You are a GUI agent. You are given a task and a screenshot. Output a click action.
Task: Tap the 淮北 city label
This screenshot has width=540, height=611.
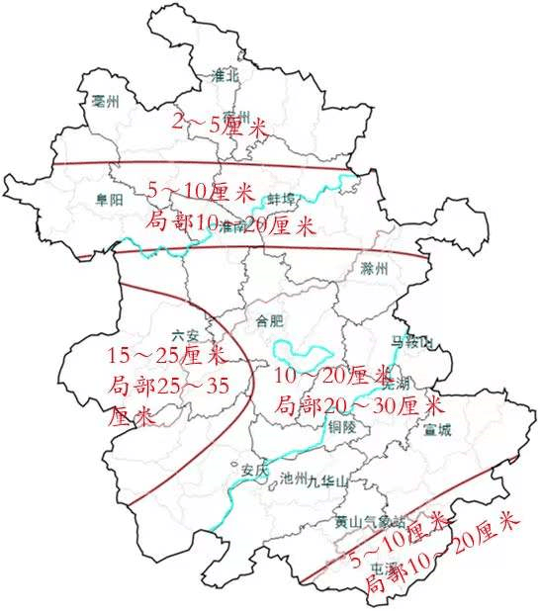[x=226, y=75]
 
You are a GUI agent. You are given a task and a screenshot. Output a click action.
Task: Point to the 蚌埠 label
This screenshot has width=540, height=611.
[x=282, y=199]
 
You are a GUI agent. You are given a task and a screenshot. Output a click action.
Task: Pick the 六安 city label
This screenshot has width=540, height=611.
[x=185, y=337]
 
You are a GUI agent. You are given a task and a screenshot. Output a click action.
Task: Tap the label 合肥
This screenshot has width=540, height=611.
[x=270, y=320]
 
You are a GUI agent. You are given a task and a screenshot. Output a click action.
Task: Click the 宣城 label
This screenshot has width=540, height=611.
[x=436, y=430]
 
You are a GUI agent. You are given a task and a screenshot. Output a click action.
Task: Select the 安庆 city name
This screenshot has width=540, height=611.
[x=254, y=471]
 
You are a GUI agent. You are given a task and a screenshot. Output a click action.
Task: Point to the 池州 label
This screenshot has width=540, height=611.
[x=295, y=479]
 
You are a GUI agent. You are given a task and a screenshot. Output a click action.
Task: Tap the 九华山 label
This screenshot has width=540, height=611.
[x=327, y=481]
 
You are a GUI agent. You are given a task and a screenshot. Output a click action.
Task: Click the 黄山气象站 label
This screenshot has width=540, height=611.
[x=369, y=521]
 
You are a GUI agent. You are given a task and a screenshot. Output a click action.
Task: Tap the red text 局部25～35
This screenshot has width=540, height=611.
[x=168, y=385]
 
